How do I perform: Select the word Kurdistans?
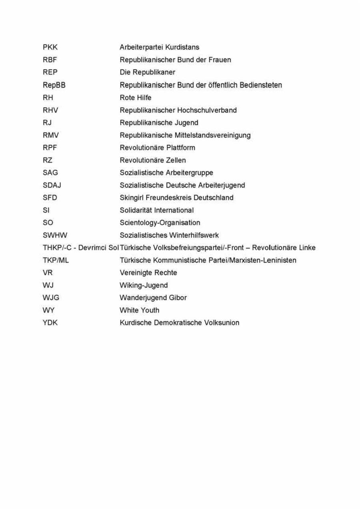(x=182, y=47)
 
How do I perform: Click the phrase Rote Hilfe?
(x=136, y=97)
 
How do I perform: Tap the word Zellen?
(x=176, y=160)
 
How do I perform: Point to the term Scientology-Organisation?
(x=160, y=223)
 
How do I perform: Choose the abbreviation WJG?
(x=51, y=297)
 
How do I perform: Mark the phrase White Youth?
(x=139, y=310)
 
